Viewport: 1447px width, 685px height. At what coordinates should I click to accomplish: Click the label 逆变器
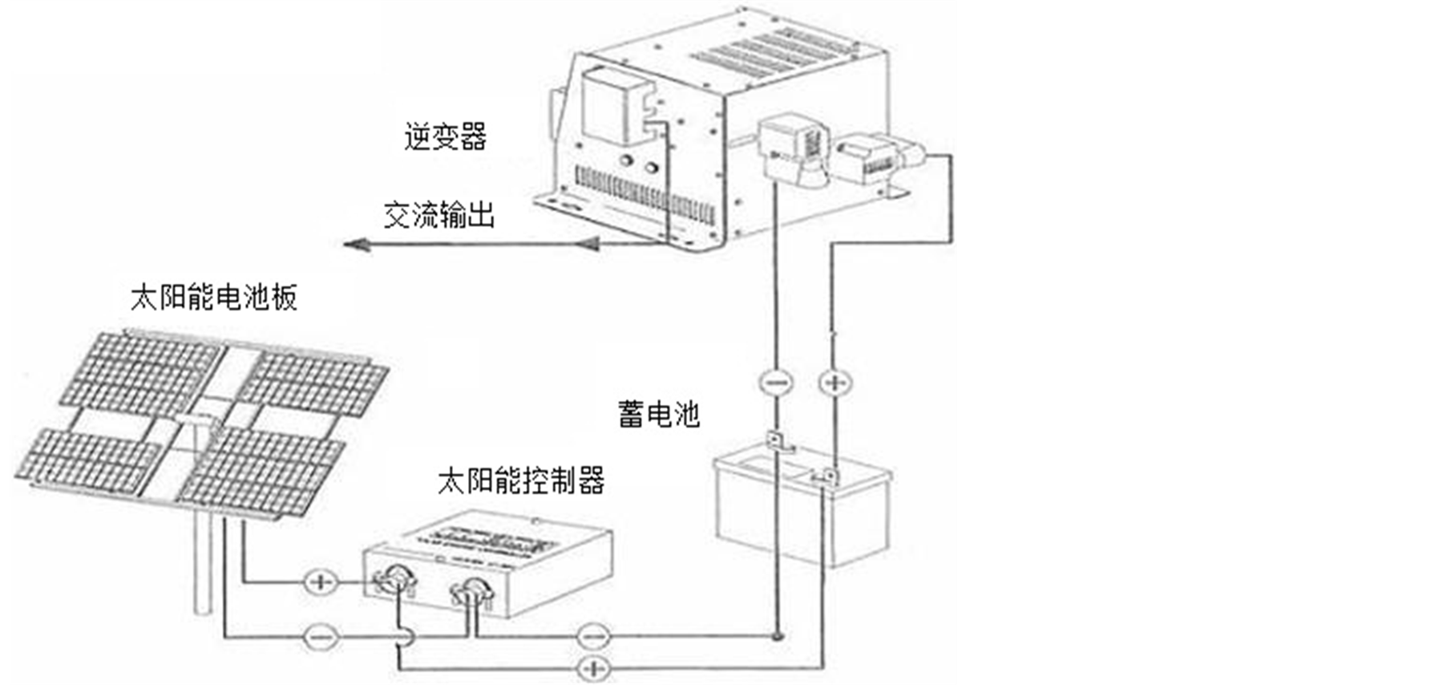click(x=445, y=136)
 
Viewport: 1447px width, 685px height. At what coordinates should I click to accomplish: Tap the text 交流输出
click(x=439, y=215)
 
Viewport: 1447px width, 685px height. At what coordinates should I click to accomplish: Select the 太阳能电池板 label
click(x=214, y=298)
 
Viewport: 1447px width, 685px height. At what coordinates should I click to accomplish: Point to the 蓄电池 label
click(x=658, y=414)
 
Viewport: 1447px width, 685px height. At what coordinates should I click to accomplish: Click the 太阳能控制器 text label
click(x=520, y=480)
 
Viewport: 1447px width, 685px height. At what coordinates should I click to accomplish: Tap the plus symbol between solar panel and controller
click(x=321, y=581)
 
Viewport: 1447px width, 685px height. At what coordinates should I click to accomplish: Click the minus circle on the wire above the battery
click(x=775, y=382)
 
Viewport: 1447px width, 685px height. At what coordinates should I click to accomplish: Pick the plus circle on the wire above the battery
click(x=835, y=383)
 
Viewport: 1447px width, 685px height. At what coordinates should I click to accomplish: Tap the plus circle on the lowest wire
click(x=593, y=667)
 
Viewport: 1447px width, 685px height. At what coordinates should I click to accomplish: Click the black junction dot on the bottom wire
click(x=776, y=637)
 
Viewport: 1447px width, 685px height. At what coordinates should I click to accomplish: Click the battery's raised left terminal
click(x=776, y=440)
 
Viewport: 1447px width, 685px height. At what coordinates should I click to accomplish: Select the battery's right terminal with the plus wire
click(x=829, y=476)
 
